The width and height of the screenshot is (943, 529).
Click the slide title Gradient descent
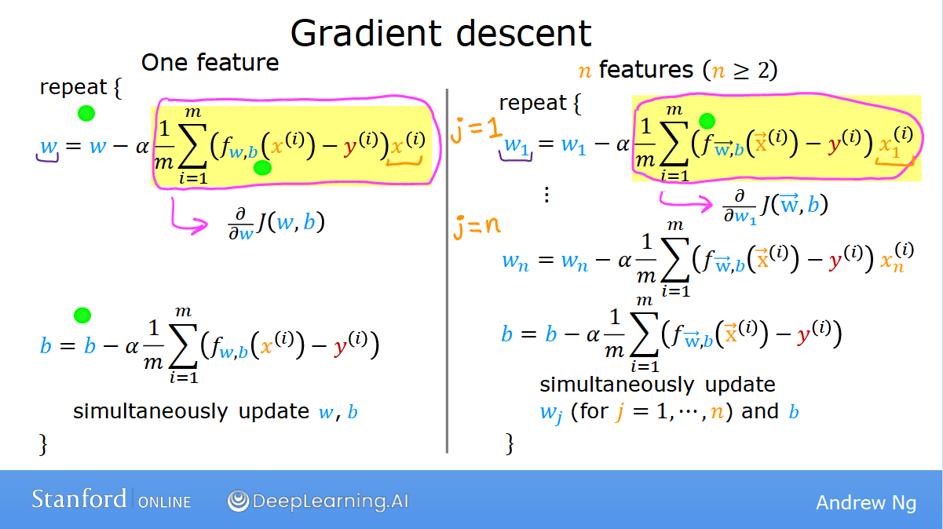[x=440, y=33]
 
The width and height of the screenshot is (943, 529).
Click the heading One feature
[x=210, y=63]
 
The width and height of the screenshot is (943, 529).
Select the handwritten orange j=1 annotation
[x=476, y=130]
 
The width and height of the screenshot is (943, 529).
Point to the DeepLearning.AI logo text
[x=318, y=501]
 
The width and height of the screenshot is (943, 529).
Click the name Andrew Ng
[x=866, y=502]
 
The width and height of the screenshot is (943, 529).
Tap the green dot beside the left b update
[x=82, y=316]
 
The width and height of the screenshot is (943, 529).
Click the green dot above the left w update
[x=86, y=113]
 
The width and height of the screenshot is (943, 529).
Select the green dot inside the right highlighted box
[x=707, y=121]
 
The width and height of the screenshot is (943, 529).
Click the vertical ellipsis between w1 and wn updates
[x=546, y=195]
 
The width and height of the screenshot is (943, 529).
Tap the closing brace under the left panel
[x=43, y=443]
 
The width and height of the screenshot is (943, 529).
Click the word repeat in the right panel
[x=532, y=104]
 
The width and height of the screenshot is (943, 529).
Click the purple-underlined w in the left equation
[x=49, y=147]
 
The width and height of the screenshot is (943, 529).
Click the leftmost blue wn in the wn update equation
[x=515, y=261]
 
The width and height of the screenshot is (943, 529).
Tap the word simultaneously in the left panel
[x=150, y=411]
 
